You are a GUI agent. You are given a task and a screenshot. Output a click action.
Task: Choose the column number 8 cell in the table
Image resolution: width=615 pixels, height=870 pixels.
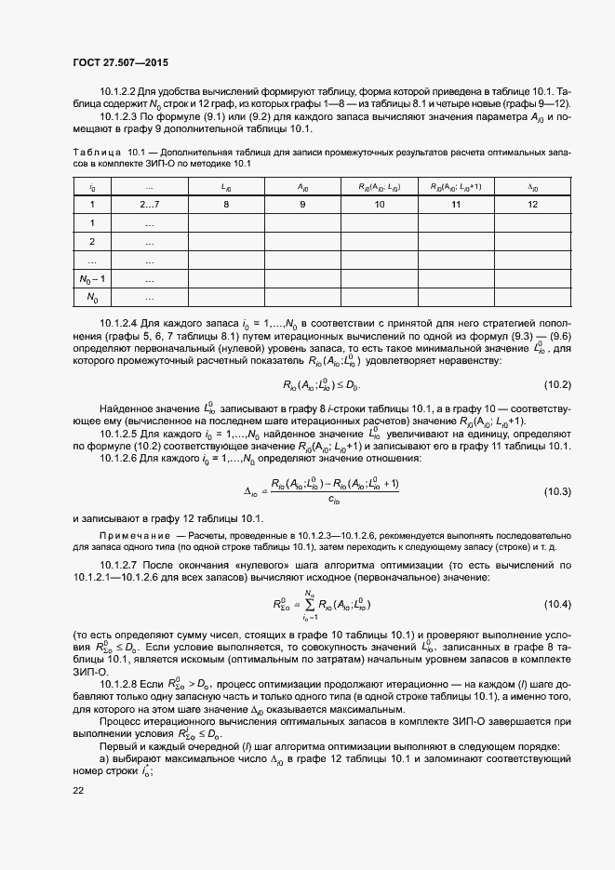(x=225, y=204)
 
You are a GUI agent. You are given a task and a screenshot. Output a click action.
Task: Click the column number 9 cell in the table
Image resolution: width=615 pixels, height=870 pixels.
(x=303, y=204)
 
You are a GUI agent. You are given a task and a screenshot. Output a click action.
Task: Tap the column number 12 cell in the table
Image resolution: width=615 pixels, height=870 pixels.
(x=533, y=204)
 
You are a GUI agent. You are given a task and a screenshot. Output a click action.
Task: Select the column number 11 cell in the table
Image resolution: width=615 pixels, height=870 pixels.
(x=456, y=204)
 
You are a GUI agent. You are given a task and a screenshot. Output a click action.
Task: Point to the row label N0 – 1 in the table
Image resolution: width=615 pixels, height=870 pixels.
(x=92, y=278)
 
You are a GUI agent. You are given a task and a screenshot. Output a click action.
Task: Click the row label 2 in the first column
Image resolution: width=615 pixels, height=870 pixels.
(x=92, y=241)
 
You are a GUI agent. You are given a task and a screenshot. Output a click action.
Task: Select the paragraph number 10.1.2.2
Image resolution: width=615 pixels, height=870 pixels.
(x=118, y=90)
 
